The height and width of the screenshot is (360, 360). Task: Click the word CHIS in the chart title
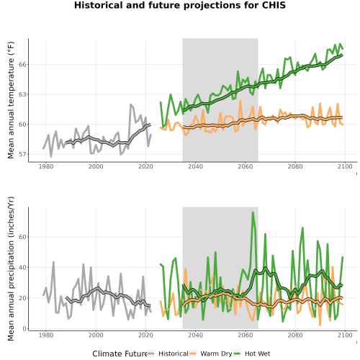tap(274, 5)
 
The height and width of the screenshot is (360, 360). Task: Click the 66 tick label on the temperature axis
tap(22, 65)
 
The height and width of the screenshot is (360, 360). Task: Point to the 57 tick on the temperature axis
tap(22, 154)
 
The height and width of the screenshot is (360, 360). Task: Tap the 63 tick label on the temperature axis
tap(22, 94)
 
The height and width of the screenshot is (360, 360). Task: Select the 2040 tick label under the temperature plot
tap(195, 166)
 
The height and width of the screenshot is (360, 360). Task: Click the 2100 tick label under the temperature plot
tap(345, 166)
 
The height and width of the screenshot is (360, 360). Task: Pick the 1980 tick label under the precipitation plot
tap(46, 335)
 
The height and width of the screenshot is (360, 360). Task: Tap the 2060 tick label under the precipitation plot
tap(246, 335)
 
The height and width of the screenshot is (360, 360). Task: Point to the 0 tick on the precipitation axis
tap(24, 329)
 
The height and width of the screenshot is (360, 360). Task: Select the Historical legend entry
tap(168, 354)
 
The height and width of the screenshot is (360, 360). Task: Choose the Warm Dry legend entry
tap(211, 354)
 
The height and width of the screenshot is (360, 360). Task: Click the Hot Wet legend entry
tap(252, 354)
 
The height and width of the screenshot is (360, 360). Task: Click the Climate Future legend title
tap(120, 354)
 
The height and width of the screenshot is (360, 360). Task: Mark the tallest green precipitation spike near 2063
tap(253, 212)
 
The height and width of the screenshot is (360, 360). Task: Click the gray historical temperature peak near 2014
tap(131, 104)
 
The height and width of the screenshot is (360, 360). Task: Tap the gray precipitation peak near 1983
tap(53, 262)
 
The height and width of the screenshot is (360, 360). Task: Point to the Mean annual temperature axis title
tap(11, 100)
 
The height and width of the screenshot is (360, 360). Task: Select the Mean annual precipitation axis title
tap(11, 269)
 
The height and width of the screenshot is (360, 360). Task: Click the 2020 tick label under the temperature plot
tap(145, 166)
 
